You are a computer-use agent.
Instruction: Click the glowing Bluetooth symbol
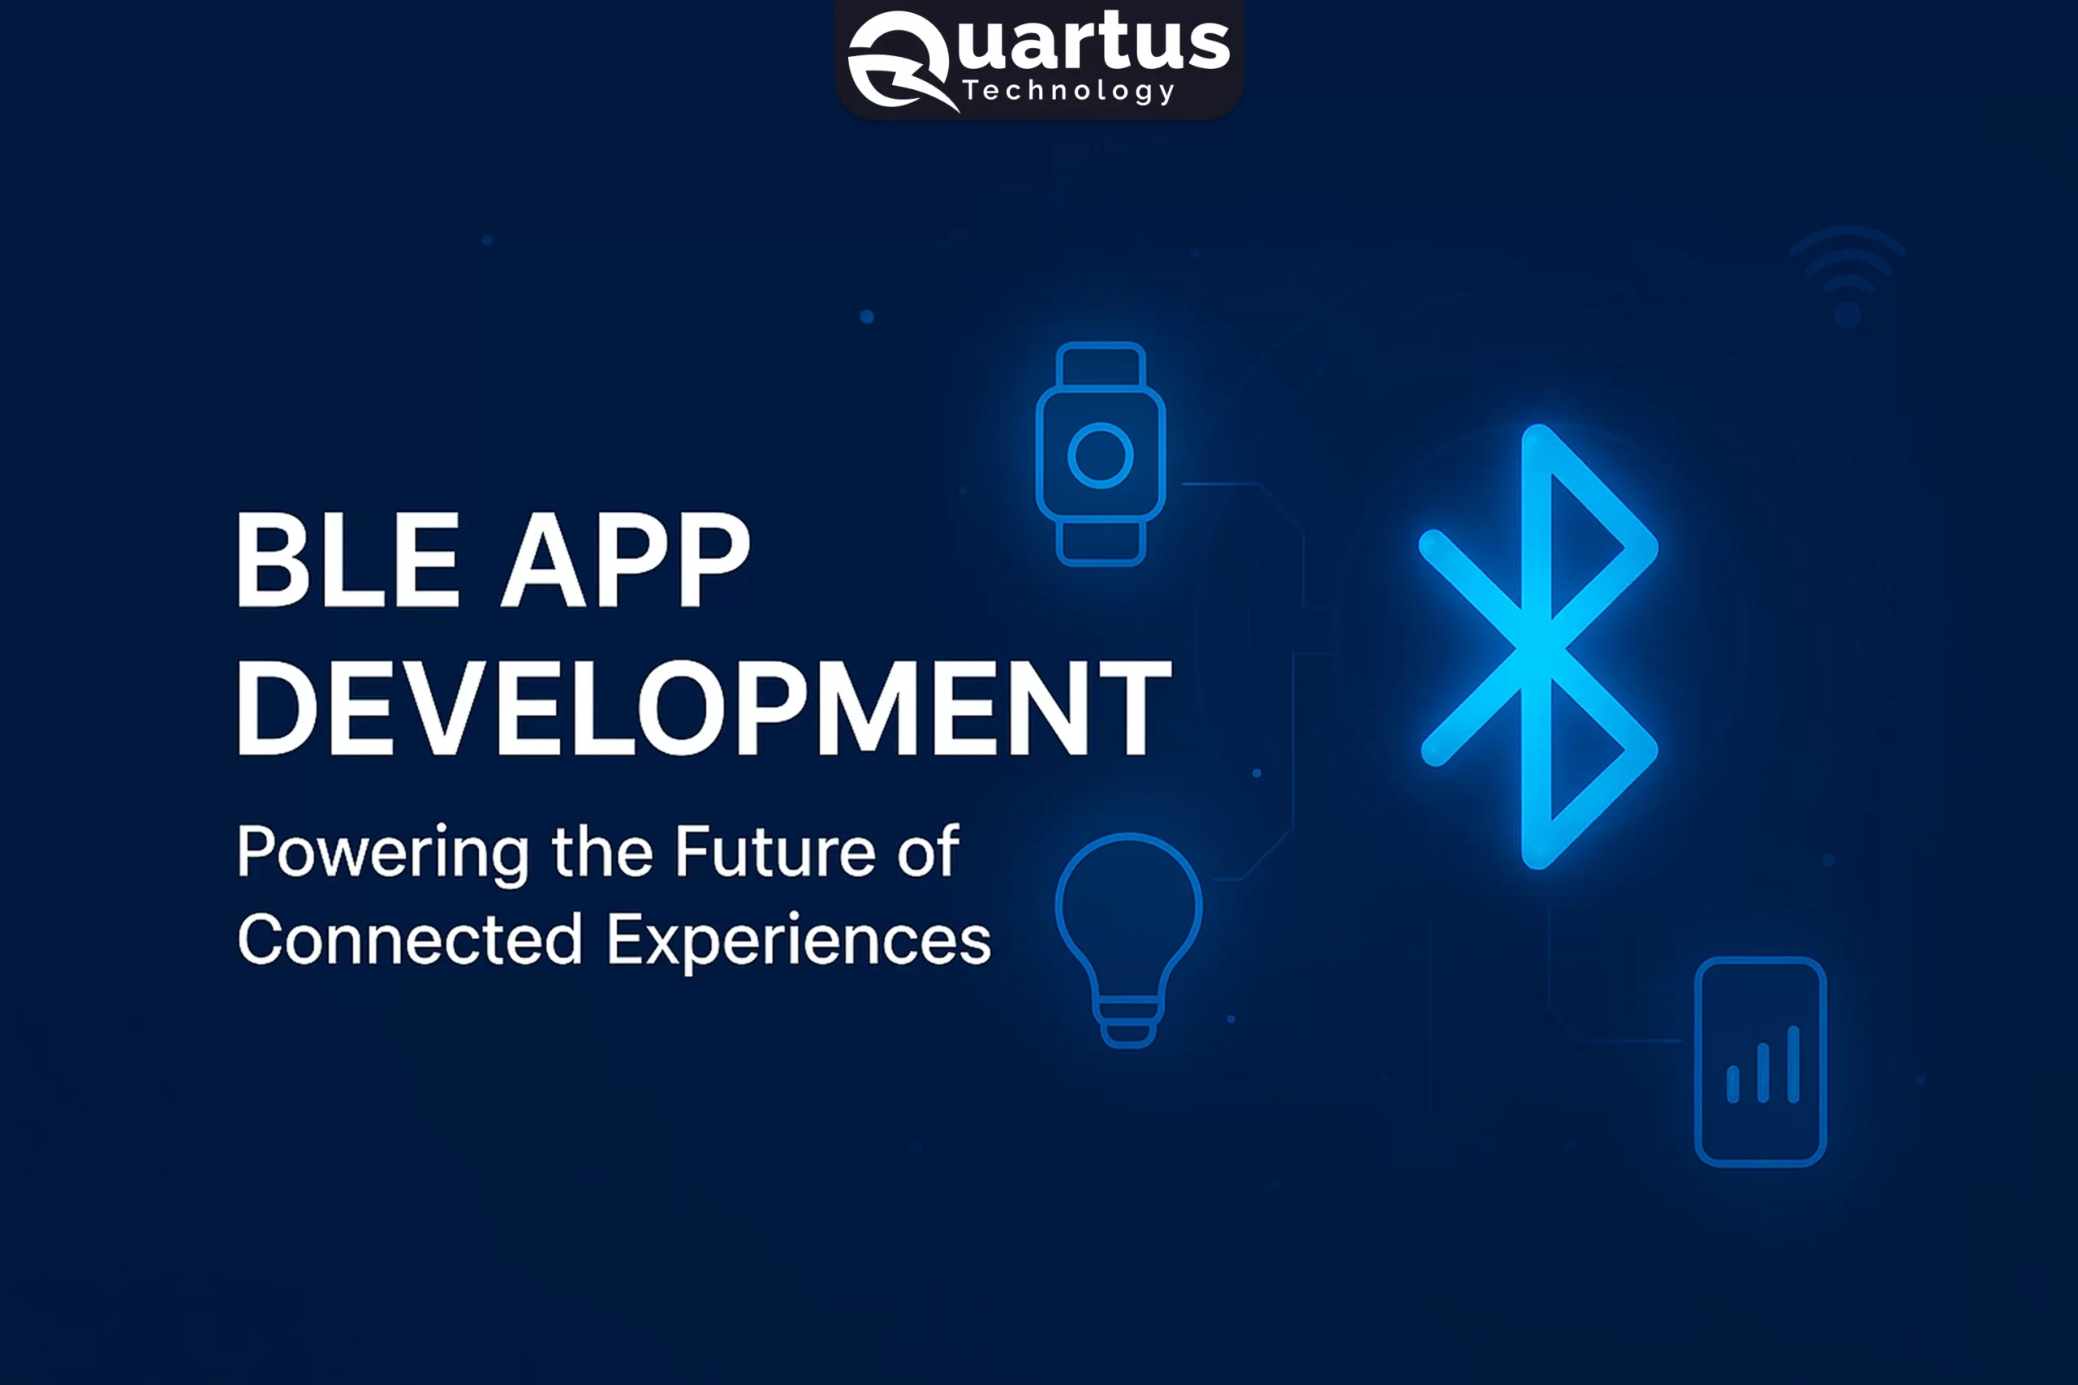tap(1538, 647)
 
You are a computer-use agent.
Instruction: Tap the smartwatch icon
tap(1101, 454)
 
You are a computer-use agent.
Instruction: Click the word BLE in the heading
tap(347, 560)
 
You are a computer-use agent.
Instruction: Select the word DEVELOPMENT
tap(703, 708)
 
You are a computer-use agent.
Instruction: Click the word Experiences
tap(799, 940)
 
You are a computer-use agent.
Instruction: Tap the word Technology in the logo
tap(1068, 91)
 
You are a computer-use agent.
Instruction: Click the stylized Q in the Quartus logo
tap(898, 60)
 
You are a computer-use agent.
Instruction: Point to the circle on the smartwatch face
tap(1101, 456)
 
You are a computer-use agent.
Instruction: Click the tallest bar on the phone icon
tap(1792, 1064)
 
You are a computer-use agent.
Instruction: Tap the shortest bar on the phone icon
tap(1732, 1084)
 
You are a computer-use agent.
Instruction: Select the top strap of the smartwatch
tap(1101, 365)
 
